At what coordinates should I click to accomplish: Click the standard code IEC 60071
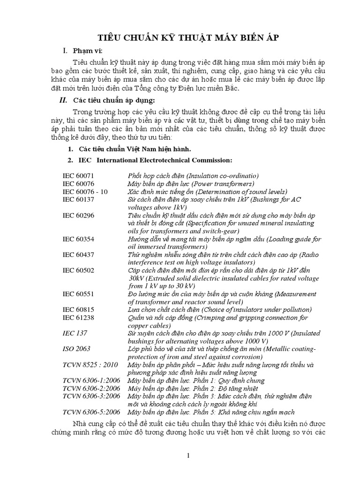(78, 175)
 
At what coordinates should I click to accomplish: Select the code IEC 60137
(78, 199)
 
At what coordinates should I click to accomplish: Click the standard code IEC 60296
(78, 215)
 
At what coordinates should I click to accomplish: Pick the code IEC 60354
(78, 239)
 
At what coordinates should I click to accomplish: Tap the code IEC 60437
(78, 255)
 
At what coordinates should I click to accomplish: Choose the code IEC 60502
(78, 271)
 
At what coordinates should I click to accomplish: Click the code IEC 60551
(78, 294)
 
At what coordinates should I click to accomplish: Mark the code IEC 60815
(78, 310)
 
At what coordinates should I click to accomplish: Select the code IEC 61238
(78, 318)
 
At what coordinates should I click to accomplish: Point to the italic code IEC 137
(75, 333)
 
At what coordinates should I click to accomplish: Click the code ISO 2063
(76, 349)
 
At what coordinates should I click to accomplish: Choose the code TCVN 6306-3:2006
(91, 397)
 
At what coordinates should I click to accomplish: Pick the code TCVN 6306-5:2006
(91, 412)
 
